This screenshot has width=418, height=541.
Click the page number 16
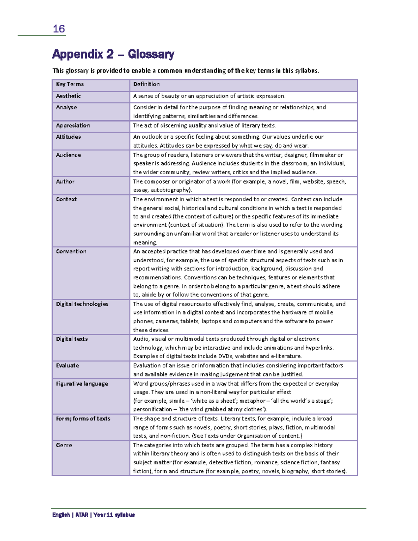(x=59, y=29)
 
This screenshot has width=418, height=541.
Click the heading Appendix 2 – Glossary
(x=113, y=54)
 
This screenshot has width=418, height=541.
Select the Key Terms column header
(x=70, y=84)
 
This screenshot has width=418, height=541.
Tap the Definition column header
(x=146, y=84)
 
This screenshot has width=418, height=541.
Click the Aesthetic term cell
(x=68, y=96)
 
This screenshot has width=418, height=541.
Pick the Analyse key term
(x=67, y=107)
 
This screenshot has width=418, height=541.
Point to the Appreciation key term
(x=73, y=125)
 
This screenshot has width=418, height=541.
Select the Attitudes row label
(x=68, y=137)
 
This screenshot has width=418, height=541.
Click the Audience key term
(x=68, y=155)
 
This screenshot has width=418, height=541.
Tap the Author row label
(x=65, y=181)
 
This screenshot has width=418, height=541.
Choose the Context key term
(x=67, y=199)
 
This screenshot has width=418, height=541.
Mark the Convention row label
(x=71, y=252)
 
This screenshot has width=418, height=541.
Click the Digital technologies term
(x=82, y=304)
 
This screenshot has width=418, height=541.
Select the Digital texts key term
(x=72, y=339)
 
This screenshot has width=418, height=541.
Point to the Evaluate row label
(x=68, y=365)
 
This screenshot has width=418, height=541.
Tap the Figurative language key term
(x=82, y=384)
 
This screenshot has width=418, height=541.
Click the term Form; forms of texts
(x=83, y=419)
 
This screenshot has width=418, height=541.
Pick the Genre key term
(x=64, y=445)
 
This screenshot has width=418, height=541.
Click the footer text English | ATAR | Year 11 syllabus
(x=93, y=515)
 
